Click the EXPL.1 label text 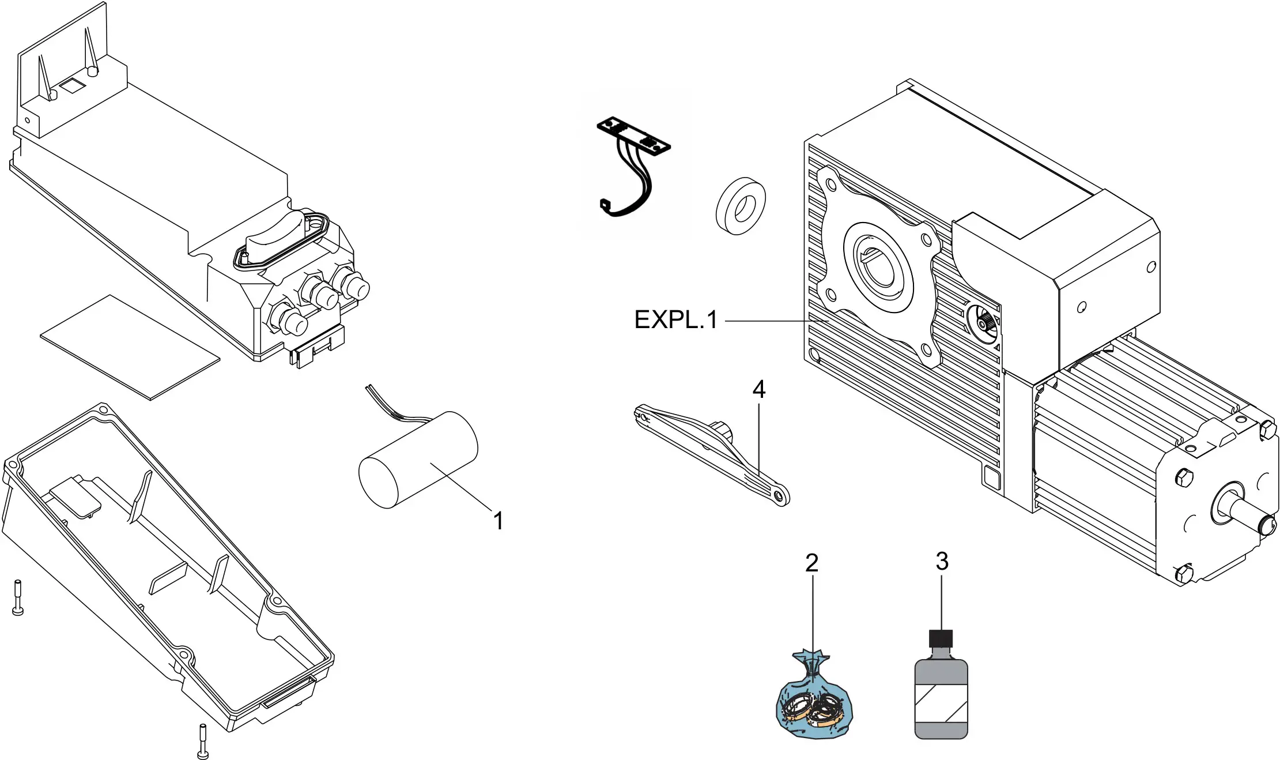[x=675, y=320]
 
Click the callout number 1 [x=499, y=521]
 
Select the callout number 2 [x=811, y=563]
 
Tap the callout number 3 [x=942, y=561]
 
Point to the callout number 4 [x=758, y=389]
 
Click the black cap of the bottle [x=941, y=639]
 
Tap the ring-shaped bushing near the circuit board [x=741, y=206]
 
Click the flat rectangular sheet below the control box [x=130, y=347]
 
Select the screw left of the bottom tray [x=18, y=597]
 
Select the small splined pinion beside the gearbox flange [x=983, y=325]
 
